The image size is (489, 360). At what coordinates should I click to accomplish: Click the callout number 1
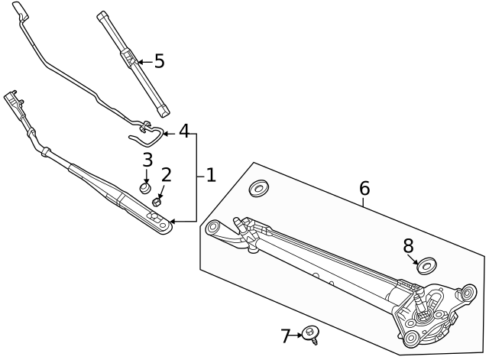coord(211,175)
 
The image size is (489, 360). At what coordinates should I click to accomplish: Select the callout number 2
coord(166,175)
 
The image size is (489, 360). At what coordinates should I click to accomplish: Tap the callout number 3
coord(147,160)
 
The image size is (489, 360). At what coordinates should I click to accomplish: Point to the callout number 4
coord(184,131)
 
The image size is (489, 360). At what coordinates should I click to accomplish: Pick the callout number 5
coord(159,61)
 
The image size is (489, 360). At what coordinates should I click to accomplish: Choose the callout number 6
coord(364,188)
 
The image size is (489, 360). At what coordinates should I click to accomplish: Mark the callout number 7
coord(286,335)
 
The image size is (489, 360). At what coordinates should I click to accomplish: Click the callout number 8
coord(408,245)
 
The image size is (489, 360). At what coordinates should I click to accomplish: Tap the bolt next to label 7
coord(311,333)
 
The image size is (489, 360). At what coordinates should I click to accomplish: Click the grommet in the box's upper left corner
coord(260,188)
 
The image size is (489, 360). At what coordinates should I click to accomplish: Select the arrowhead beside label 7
coord(299,334)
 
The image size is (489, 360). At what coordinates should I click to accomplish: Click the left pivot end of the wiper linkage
coord(214,227)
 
